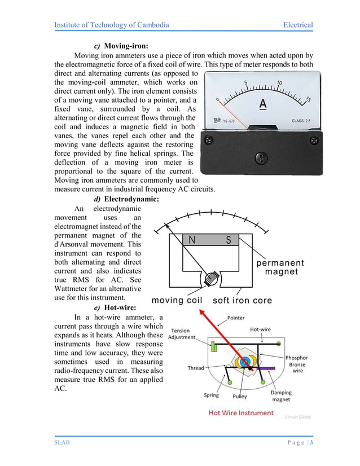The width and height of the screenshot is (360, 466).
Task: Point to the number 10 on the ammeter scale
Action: [x=279, y=83]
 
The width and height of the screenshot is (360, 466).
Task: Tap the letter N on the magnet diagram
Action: [x=192, y=240]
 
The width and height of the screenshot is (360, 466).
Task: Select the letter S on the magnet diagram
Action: [x=229, y=240]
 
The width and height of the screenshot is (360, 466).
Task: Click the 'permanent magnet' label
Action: [x=280, y=267]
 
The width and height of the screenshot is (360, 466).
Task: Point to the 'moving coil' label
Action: [x=177, y=301]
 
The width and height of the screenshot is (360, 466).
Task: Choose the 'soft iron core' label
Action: [x=242, y=301]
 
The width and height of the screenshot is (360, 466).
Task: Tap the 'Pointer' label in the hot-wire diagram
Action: [x=236, y=318]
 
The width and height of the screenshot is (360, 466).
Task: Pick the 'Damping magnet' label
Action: [x=281, y=396]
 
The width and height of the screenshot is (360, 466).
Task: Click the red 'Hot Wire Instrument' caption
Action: [x=241, y=413]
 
